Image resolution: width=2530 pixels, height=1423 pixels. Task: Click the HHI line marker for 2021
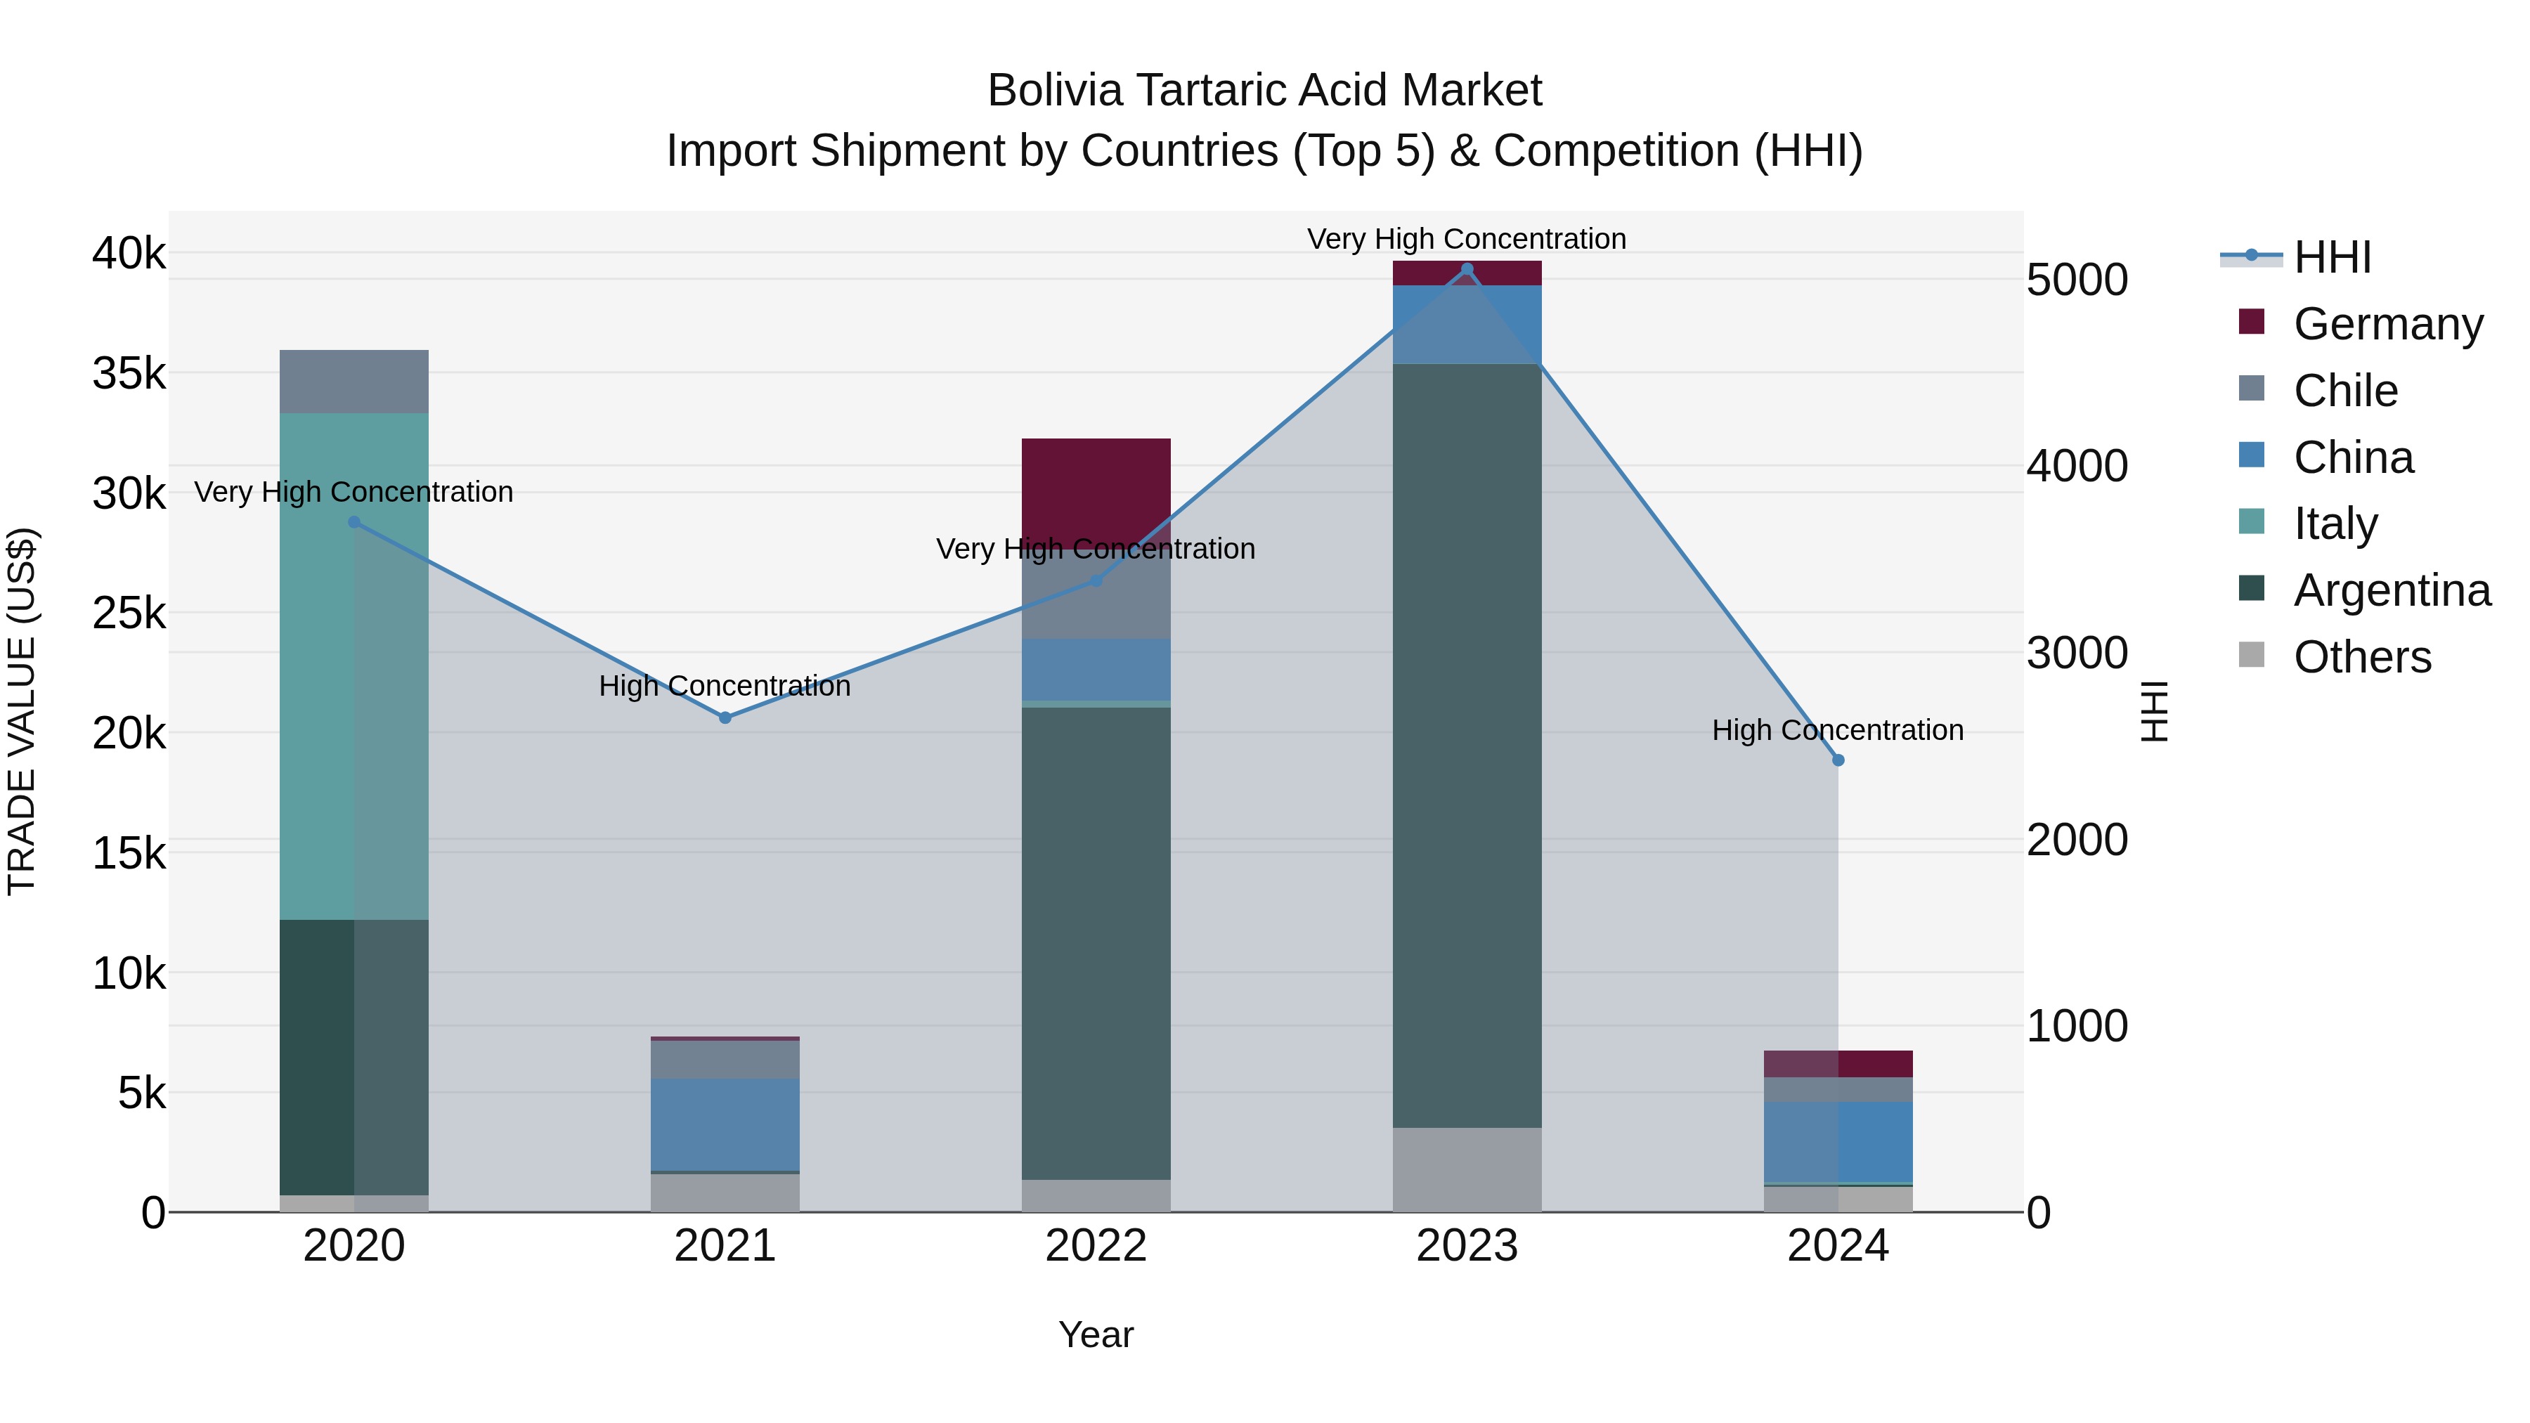pyautogui.click(x=725, y=718)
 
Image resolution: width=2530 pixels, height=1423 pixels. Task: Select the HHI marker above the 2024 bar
pyautogui.click(x=1838, y=760)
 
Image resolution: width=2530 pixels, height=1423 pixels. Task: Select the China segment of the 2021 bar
pyautogui.click(x=725, y=1124)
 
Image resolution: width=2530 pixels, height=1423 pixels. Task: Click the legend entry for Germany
pyautogui.click(x=2387, y=324)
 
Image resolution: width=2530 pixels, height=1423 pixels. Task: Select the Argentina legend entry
pyautogui.click(x=2392, y=590)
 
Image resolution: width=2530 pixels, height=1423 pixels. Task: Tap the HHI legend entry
pyautogui.click(x=2332, y=257)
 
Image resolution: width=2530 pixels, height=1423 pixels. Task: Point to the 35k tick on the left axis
pyautogui.click(x=129, y=373)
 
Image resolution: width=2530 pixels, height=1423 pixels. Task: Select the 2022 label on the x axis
pyautogui.click(x=1096, y=1246)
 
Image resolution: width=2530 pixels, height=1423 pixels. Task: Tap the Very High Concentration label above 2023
pyautogui.click(x=1466, y=239)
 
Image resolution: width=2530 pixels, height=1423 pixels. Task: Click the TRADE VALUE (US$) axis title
pyautogui.click(x=22, y=711)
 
